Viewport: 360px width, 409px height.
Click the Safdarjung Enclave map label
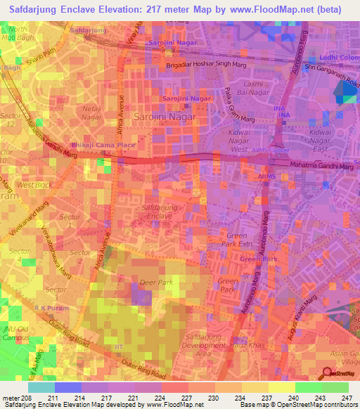click(x=162, y=213)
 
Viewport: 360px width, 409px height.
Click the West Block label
click(x=34, y=185)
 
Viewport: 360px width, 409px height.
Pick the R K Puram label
click(x=49, y=308)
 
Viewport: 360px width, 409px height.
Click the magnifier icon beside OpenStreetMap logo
click(x=328, y=373)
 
